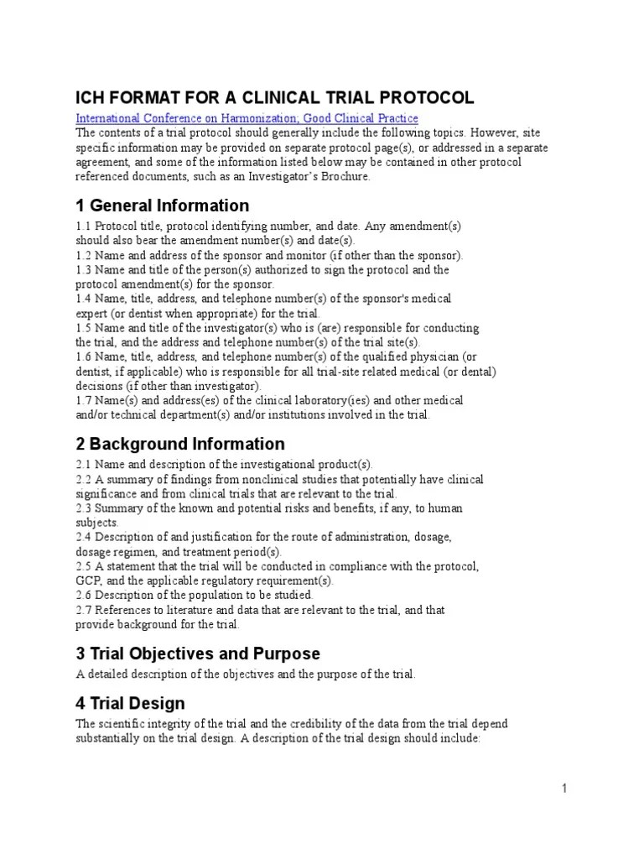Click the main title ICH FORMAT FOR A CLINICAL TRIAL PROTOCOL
274,97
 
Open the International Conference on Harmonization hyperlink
247,118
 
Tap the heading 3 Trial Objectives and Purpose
198,653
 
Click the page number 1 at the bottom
565,788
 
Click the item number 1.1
84,226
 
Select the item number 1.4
84,299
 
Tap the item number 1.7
84,400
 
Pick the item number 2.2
84,479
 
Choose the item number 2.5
84,566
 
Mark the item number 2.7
84,610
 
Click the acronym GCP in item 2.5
88,580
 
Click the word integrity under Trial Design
164,723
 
